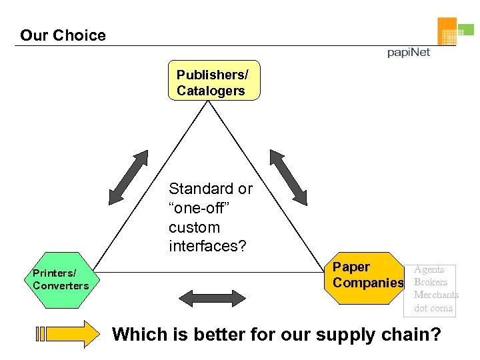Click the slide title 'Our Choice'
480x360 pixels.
[x=63, y=35]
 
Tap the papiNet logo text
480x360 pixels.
[x=409, y=53]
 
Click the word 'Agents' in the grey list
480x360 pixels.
[x=429, y=269]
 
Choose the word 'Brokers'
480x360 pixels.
[x=430, y=282]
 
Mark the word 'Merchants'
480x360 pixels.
[x=436, y=295]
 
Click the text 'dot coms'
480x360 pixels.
[x=433, y=308]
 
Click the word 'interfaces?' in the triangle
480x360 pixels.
[x=207, y=247]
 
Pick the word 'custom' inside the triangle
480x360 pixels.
[x=194, y=227]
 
